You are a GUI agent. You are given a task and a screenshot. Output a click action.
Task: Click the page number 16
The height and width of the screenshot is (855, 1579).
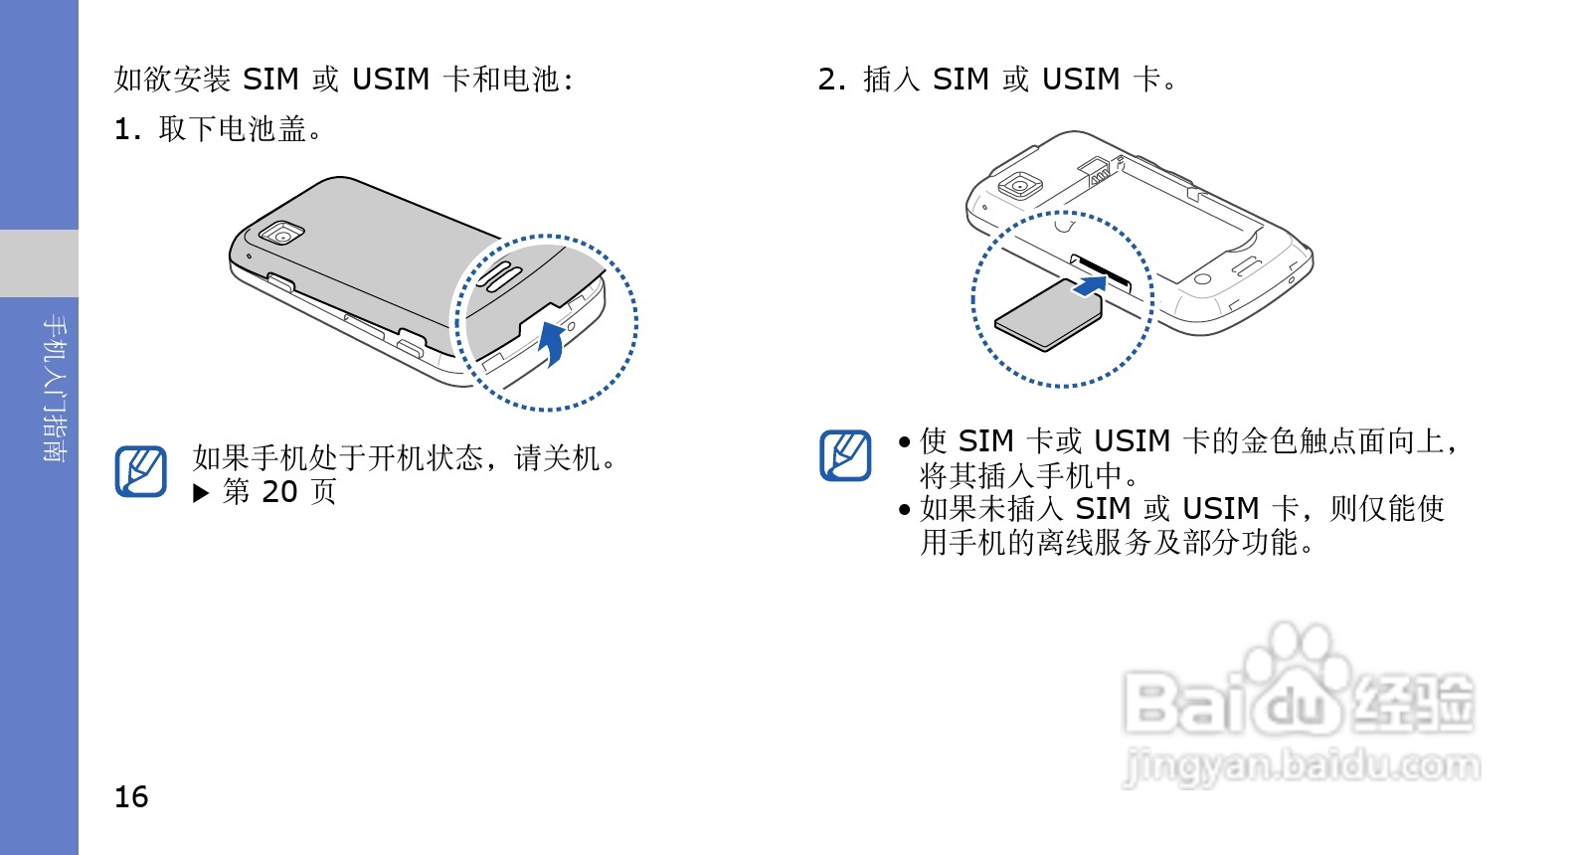[x=131, y=797]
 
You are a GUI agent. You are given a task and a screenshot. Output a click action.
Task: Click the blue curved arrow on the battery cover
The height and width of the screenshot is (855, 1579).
[x=553, y=343]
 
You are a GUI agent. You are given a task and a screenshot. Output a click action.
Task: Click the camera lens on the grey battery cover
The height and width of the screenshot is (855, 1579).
[x=282, y=235]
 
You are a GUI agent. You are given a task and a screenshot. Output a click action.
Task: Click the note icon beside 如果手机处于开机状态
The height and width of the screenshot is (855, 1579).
[x=140, y=470]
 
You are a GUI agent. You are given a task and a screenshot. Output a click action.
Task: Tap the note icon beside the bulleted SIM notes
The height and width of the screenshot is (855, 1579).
[x=845, y=455]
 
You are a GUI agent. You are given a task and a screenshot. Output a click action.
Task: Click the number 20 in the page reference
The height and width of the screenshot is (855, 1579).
[x=279, y=492]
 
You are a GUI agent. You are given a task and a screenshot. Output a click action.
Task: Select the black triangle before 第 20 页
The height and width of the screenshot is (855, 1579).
[x=201, y=493]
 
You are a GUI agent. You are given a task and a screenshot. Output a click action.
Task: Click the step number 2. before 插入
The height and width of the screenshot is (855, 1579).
[x=831, y=80]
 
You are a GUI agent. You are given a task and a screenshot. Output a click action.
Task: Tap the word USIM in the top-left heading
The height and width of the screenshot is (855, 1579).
[x=391, y=80]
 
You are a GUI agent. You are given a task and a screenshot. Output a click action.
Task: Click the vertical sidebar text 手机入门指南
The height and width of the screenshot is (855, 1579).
[x=56, y=389]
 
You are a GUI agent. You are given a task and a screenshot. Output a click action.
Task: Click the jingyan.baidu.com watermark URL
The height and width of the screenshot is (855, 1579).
[x=1301, y=767]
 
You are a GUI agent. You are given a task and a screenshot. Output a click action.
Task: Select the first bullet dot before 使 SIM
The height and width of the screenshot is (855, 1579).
[x=904, y=442]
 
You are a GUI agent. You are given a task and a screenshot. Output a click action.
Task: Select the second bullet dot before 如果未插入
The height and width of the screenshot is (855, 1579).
[x=904, y=510]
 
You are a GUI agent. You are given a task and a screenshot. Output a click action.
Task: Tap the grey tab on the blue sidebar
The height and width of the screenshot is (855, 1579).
[x=39, y=263]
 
